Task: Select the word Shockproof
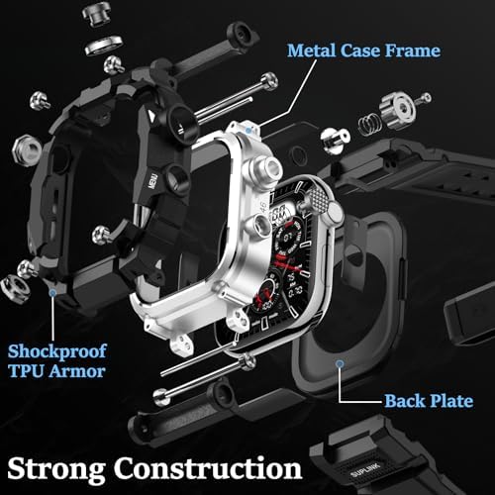point(57,351)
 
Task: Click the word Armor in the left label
point(78,371)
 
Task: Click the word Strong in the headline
point(56,469)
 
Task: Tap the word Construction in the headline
point(208,467)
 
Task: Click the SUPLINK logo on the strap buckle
point(365,469)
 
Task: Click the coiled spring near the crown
point(369,123)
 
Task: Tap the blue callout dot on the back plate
point(340,364)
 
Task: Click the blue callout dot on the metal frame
point(248,130)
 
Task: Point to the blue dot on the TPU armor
point(52,292)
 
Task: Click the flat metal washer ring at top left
point(104,46)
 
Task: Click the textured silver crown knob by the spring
point(396,110)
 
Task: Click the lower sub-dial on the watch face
point(265,295)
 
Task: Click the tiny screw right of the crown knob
point(424,98)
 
